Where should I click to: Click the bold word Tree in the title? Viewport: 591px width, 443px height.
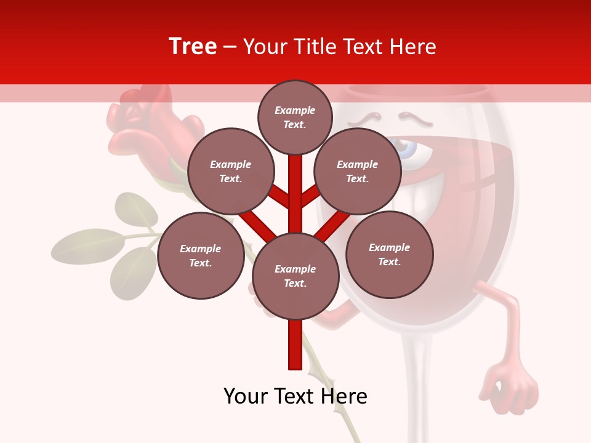pos(193,47)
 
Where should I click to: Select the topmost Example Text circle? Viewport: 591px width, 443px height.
pos(295,117)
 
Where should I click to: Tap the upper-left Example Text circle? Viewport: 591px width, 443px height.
pos(230,172)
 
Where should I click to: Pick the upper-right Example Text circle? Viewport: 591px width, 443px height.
pos(357,172)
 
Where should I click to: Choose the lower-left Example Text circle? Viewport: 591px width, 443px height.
pos(200,256)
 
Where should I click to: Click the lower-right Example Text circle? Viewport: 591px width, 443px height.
pos(389,255)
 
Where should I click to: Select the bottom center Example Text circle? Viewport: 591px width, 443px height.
pos(295,276)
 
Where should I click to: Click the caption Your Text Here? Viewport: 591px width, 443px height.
pos(295,396)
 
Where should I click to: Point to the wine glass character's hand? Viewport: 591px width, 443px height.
pos(512,388)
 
